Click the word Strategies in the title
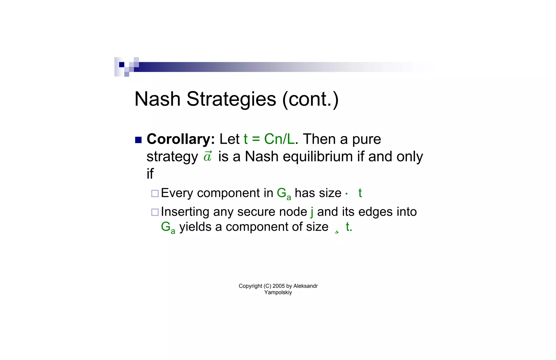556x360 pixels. click(231, 99)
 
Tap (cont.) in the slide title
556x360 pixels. click(310, 99)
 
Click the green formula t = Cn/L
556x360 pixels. click(269, 139)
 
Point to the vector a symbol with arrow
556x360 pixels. click(208, 156)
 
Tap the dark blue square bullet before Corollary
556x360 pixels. click(138, 140)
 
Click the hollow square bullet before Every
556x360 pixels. click(155, 193)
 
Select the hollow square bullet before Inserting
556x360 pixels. click(155, 212)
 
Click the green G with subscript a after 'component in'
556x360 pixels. click(284, 193)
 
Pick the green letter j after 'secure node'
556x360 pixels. click(312, 212)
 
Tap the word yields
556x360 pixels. click(195, 227)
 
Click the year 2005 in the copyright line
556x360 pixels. click(279, 286)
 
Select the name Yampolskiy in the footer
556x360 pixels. click(278, 293)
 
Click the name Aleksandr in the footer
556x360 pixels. click(305, 286)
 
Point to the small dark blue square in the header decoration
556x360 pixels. click(122, 65)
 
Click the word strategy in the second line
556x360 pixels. click(172, 157)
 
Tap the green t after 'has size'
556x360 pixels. click(360, 193)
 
